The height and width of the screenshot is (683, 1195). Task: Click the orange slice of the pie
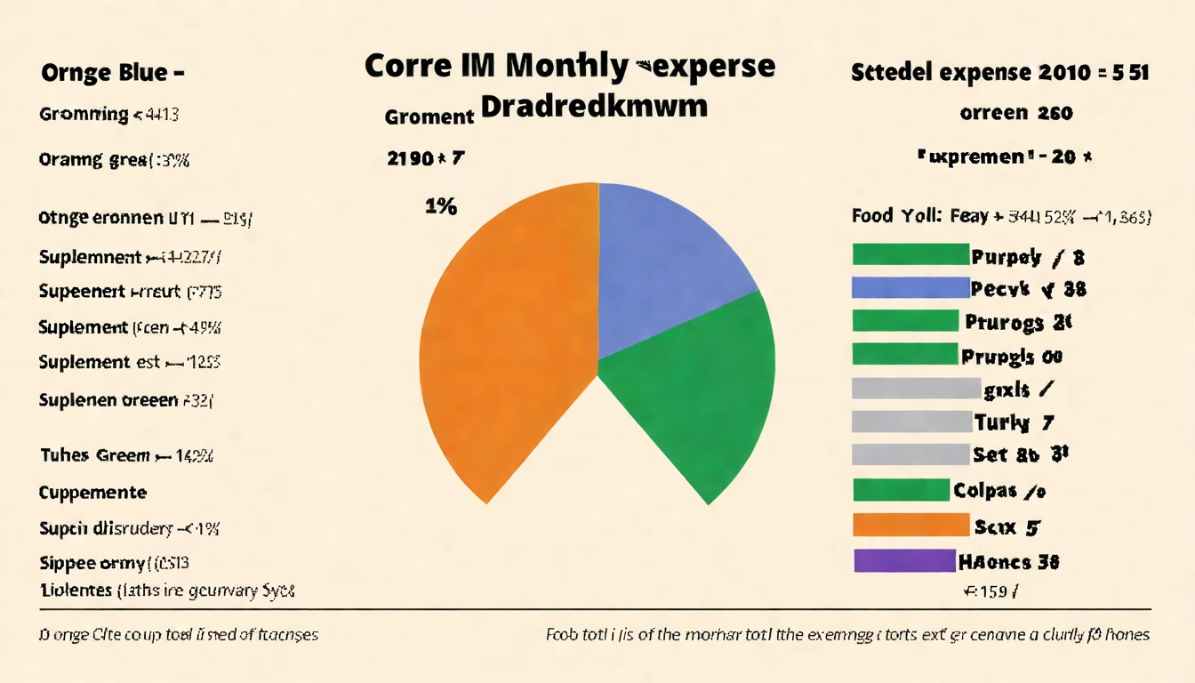[507, 338]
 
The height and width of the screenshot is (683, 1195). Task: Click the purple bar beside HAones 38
[902, 561]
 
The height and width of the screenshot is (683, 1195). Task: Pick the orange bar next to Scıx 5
[910, 526]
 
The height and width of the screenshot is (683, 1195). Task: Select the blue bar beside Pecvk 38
[909, 288]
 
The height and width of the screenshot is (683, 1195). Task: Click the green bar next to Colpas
[901, 490]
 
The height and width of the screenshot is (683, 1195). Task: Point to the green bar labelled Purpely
[909, 255]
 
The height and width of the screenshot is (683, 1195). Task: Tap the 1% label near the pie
[440, 206]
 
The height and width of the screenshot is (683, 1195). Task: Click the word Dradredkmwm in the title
[594, 107]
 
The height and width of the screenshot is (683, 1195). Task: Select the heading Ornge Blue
[111, 72]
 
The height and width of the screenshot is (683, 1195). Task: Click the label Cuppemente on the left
[93, 492]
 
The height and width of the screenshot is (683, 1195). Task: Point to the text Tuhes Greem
[95, 455]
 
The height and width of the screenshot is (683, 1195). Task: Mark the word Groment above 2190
[429, 117]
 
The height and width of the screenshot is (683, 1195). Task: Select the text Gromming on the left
[84, 114]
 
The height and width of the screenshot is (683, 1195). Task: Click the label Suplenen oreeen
[108, 400]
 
